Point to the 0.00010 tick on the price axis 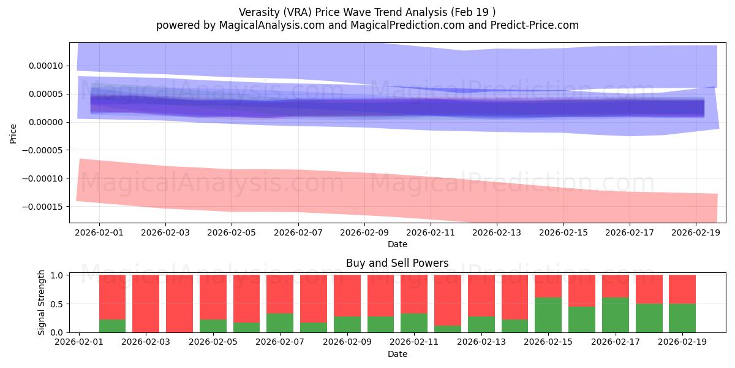point(47,66)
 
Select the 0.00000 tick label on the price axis point(47,122)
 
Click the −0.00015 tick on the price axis point(44,206)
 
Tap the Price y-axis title point(13,132)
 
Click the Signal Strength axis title point(42,302)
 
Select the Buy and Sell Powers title point(397,263)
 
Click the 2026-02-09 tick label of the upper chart point(364,233)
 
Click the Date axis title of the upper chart point(397,244)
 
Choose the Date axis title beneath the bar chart point(397,354)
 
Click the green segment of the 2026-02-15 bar point(548,315)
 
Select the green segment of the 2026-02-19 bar point(682,318)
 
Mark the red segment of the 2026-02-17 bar point(615,286)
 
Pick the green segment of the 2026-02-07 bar point(279,323)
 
